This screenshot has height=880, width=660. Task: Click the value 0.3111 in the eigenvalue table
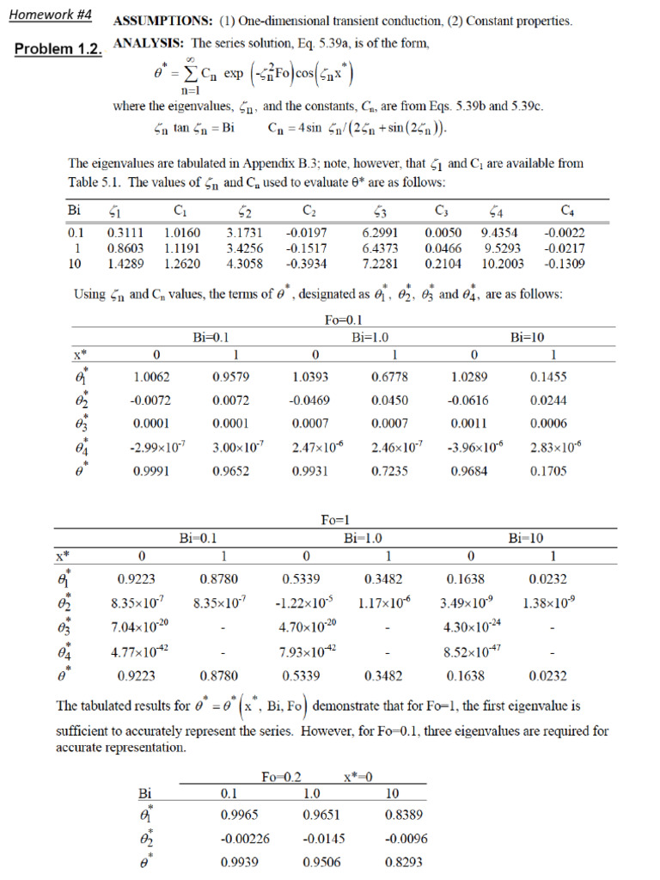point(125,232)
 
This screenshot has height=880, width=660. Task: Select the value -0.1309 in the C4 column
point(565,263)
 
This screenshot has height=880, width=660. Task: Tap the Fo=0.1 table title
point(343,321)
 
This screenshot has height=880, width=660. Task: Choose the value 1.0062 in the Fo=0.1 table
point(151,376)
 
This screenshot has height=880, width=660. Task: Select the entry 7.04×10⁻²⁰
point(142,626)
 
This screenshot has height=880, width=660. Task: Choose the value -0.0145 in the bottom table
point(321,838)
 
